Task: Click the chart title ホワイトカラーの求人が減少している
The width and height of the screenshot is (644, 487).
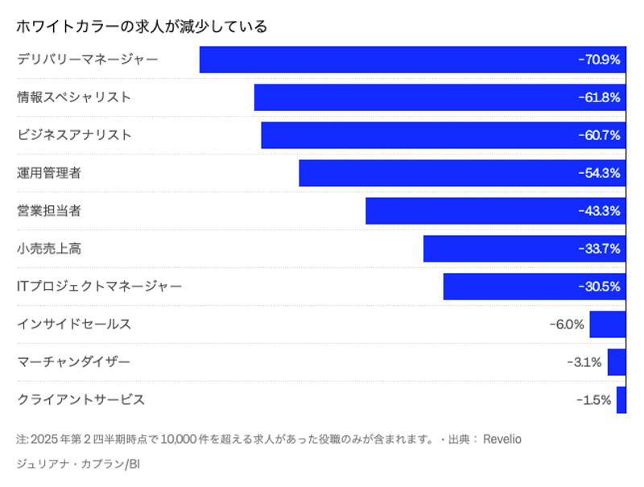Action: [142, 27]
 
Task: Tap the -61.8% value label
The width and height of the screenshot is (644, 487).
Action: [599, 97]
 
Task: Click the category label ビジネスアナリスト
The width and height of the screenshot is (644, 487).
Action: [74, 135]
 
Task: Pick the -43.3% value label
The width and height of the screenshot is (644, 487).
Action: [599, 211]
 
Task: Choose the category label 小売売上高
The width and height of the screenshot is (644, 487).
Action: [49, 249]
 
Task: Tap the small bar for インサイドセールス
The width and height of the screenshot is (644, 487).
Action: [607, 324]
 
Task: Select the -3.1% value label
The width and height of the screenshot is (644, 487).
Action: [584, 362]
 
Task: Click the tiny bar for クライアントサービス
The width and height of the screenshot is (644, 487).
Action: [621, 400]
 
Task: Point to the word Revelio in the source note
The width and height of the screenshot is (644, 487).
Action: [502, 440]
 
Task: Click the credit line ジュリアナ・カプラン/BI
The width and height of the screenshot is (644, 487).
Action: [78, 464]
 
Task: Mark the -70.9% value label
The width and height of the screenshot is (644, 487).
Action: [599, 60]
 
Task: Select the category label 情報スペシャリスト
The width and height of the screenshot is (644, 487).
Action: [74, 97]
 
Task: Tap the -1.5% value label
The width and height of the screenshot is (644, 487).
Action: [593, 400]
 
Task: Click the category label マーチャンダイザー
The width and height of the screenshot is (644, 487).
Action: [73, 362]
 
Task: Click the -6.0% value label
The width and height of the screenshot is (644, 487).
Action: [566, 324]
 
